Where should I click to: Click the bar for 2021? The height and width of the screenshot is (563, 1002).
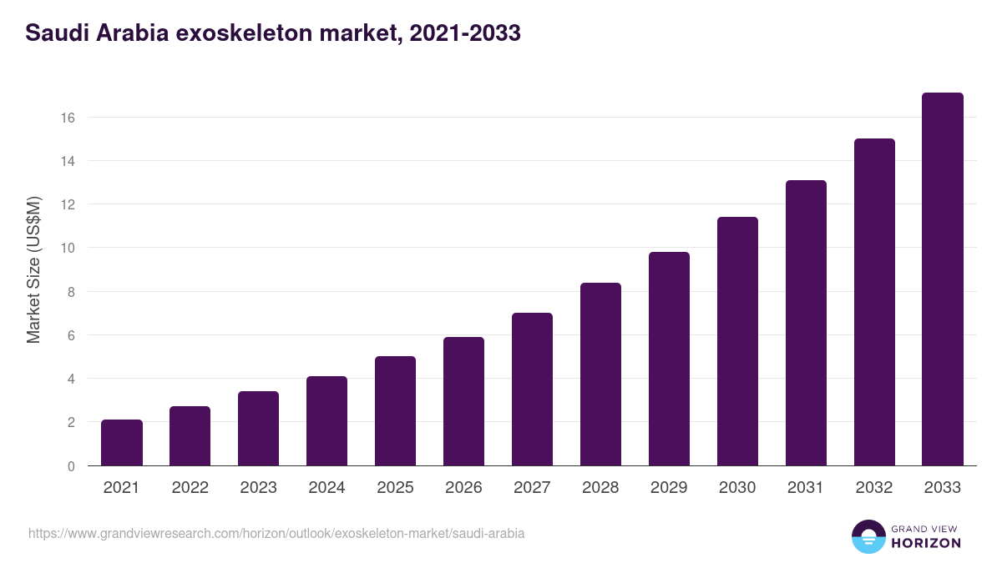pos(122,443)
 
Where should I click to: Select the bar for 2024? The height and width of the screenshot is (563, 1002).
pos(326,421)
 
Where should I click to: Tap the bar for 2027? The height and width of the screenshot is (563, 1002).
pos(532,390)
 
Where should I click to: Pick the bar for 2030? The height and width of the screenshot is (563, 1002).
pos(737,341)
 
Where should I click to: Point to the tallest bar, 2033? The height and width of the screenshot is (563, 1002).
pos(943,279)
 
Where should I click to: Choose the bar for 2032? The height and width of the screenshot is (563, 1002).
pos(874,302)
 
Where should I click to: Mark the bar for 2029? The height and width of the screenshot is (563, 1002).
pos(669,359)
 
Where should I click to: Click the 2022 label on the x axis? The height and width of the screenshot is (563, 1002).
pos(190,488)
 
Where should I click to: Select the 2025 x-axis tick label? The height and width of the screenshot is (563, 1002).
pos(395,488)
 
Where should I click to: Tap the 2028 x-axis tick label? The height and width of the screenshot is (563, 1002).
pos(600,488)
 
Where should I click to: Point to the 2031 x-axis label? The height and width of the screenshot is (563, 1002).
pos(806,488)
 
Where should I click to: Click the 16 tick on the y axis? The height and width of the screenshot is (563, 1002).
pos(68,118)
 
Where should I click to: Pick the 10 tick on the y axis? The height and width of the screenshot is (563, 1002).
pos(68,249)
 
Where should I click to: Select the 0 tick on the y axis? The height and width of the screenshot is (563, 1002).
pos(71,466)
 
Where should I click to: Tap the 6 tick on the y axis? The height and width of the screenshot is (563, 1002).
pos(71,335)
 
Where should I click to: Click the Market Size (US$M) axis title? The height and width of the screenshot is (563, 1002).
pos(33,269)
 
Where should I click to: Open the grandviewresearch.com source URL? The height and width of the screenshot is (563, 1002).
pos(276,533)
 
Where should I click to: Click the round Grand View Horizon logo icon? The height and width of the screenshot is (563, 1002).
pos(868,537)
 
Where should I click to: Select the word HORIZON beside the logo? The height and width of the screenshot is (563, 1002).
pos(926,543)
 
